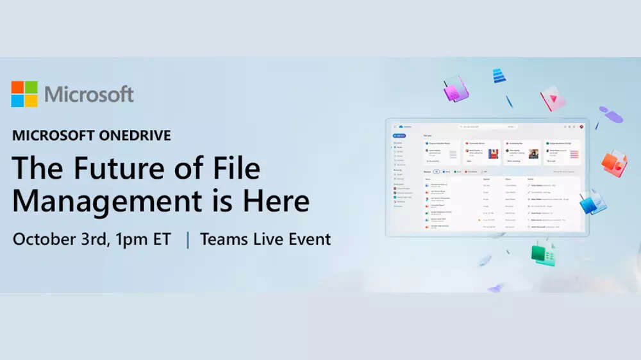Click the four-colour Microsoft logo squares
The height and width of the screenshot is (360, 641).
(24, 94)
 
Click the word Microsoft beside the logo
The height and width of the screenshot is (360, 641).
(89, 94)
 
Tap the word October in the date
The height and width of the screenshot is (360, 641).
(44, 240)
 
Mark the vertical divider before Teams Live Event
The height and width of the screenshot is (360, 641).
(187, 240)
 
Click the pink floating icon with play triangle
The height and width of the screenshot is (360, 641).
(552, 98)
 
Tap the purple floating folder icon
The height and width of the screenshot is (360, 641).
(456, 89)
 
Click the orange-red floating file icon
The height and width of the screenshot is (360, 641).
(614, 163)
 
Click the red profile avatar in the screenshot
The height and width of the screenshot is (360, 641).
(581, 127)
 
